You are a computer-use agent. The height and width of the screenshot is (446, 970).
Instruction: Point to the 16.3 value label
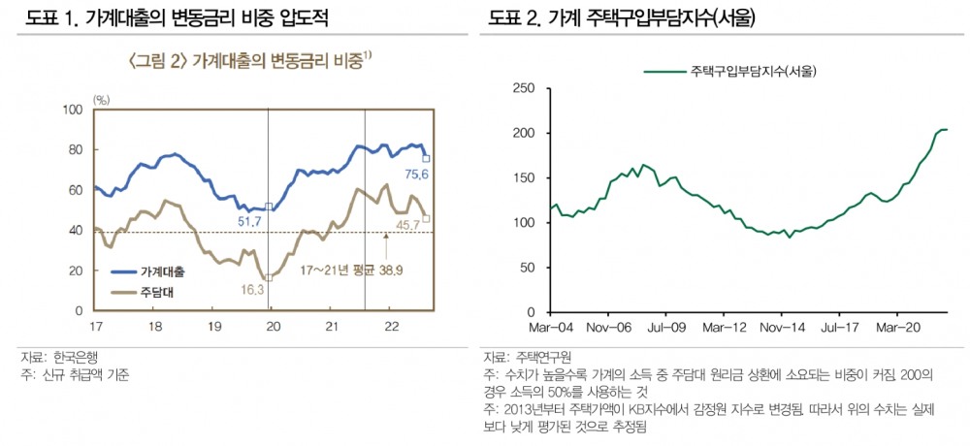point(250,288)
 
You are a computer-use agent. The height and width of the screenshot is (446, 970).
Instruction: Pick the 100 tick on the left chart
point(72,110)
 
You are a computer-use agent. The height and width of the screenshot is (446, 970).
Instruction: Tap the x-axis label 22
point(388,326)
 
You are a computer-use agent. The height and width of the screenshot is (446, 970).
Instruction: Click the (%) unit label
point(102,99)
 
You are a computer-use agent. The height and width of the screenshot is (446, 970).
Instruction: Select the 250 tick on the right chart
point(524,88)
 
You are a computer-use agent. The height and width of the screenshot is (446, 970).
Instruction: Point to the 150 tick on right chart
point(524,178)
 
